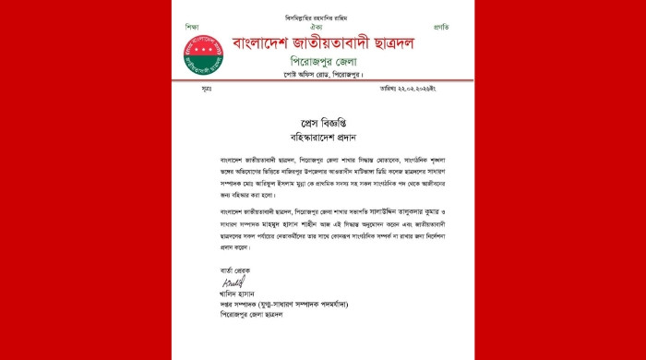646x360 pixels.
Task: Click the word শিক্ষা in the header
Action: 191,27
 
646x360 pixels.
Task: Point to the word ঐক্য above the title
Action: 320,27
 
